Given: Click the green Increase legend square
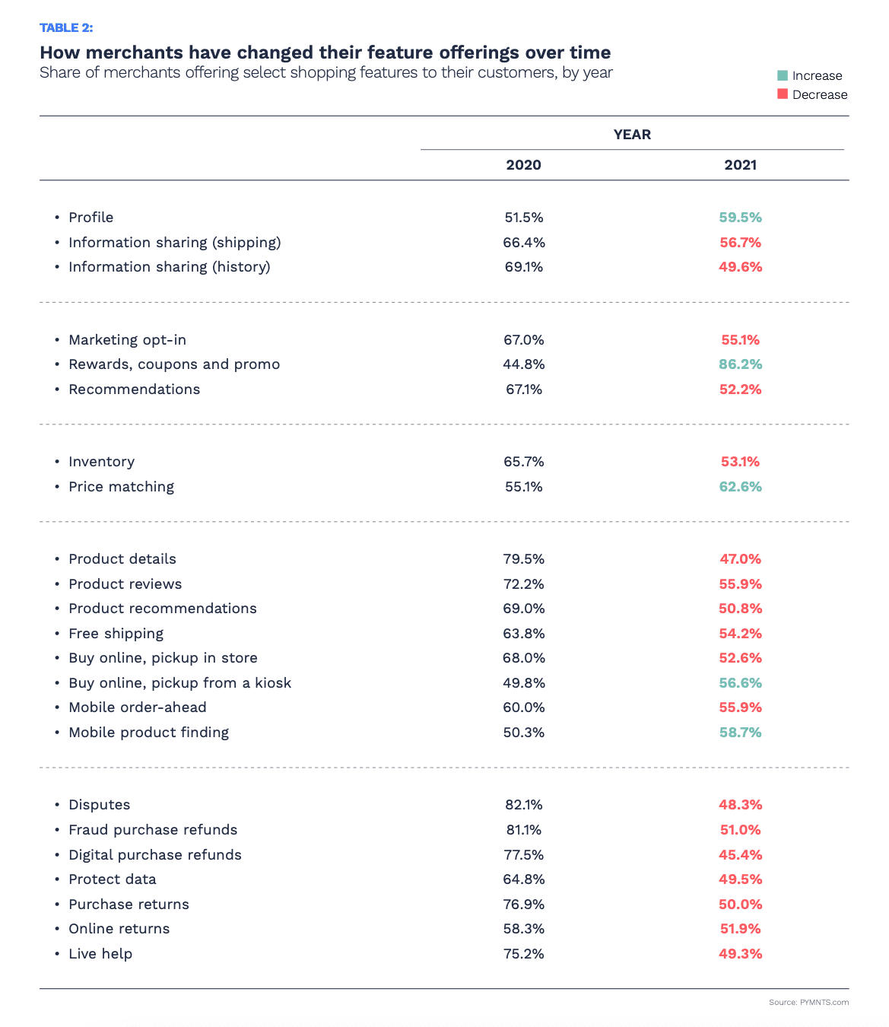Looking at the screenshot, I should tap(783, 75).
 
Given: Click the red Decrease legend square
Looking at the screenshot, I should tap(783, 94).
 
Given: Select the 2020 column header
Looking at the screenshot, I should tap(523, 165).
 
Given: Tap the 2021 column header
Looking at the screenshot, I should tap(740, 165).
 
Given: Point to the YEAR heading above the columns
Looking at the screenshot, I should tap(632, 135).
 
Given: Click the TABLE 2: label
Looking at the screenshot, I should tap(66, 28).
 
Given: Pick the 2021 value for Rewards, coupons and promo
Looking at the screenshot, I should tap(740, 364).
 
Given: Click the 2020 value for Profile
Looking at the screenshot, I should tap(523, 218).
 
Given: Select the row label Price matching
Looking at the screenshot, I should tap(121, 487).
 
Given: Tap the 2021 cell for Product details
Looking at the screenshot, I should tap(740, 559).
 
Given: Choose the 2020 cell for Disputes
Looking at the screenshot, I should tap(523, 805).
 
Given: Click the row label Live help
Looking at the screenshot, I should tap(100, 954).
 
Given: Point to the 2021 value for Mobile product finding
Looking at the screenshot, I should tap(740, 733).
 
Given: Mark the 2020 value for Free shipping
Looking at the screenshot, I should tap(523, 634).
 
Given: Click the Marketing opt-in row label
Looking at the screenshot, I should tap(127, 340).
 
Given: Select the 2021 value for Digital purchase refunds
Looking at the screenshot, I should tap(740, 855).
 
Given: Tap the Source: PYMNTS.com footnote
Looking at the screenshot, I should tap(808, 1003).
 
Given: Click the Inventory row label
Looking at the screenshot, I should tap(101, 462).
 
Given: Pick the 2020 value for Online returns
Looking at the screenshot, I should tap(523, 929).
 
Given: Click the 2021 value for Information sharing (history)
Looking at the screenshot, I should tap(740, 267).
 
